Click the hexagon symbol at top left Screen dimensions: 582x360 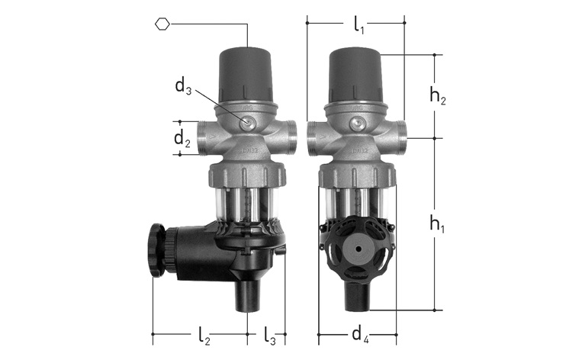pos(162,24)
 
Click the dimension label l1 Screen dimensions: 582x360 pos(359,25)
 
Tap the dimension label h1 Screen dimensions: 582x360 pos(437,223)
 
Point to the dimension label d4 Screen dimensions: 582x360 pos(360,335)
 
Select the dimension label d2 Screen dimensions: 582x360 pos(182,139)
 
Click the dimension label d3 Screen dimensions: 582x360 pos(183,86)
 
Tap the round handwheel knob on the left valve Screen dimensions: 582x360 pos(157,249)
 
